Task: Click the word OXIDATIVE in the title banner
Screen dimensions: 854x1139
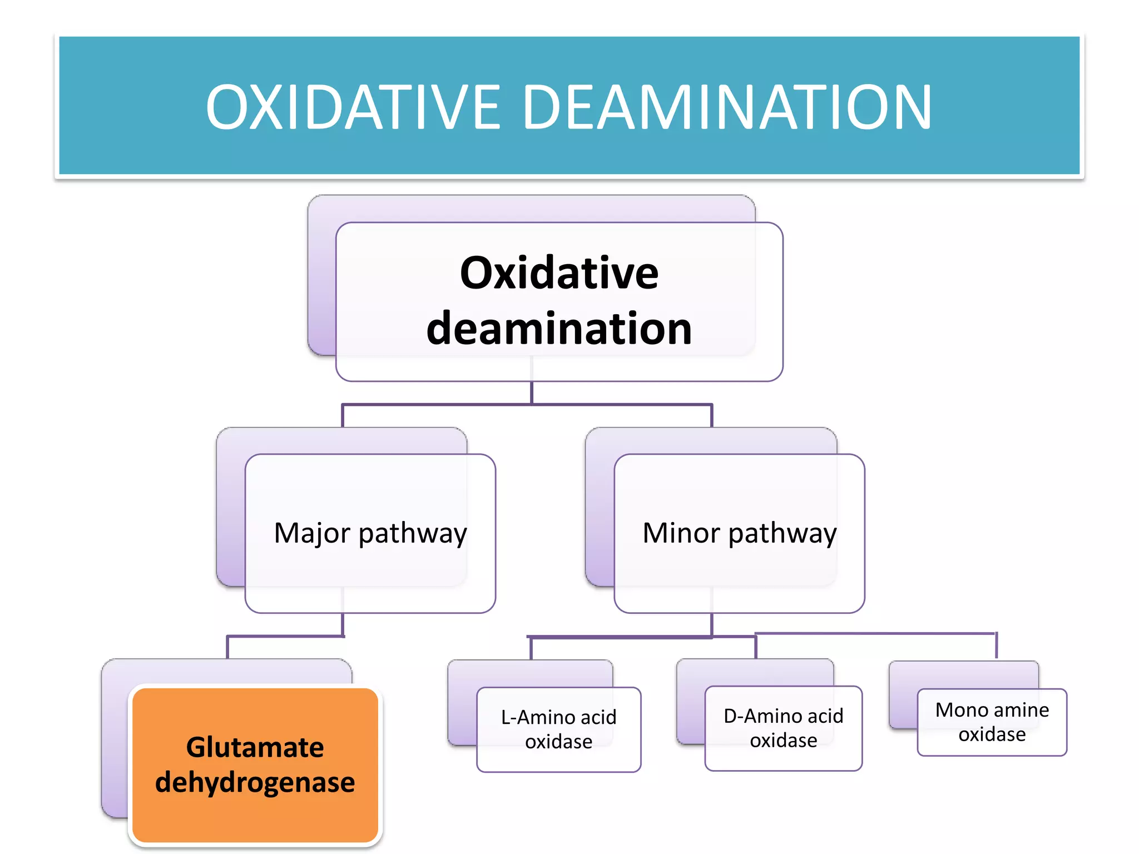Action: point(353,107)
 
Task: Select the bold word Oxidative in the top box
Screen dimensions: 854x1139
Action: point(559,273)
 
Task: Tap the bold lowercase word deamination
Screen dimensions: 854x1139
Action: point(559,329)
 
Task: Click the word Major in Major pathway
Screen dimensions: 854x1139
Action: point(312,533)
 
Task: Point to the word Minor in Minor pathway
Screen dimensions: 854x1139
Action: point(681,533)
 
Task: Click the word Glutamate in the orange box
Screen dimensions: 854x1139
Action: point(255,747)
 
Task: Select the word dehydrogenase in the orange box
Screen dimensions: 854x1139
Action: point(255,782)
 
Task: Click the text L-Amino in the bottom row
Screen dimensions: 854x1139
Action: point(535,717)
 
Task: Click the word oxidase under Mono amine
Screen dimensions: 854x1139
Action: point(992,734)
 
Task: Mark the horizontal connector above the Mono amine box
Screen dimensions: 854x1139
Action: point(876,633)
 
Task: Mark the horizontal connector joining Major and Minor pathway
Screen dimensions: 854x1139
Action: point(527,405)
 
